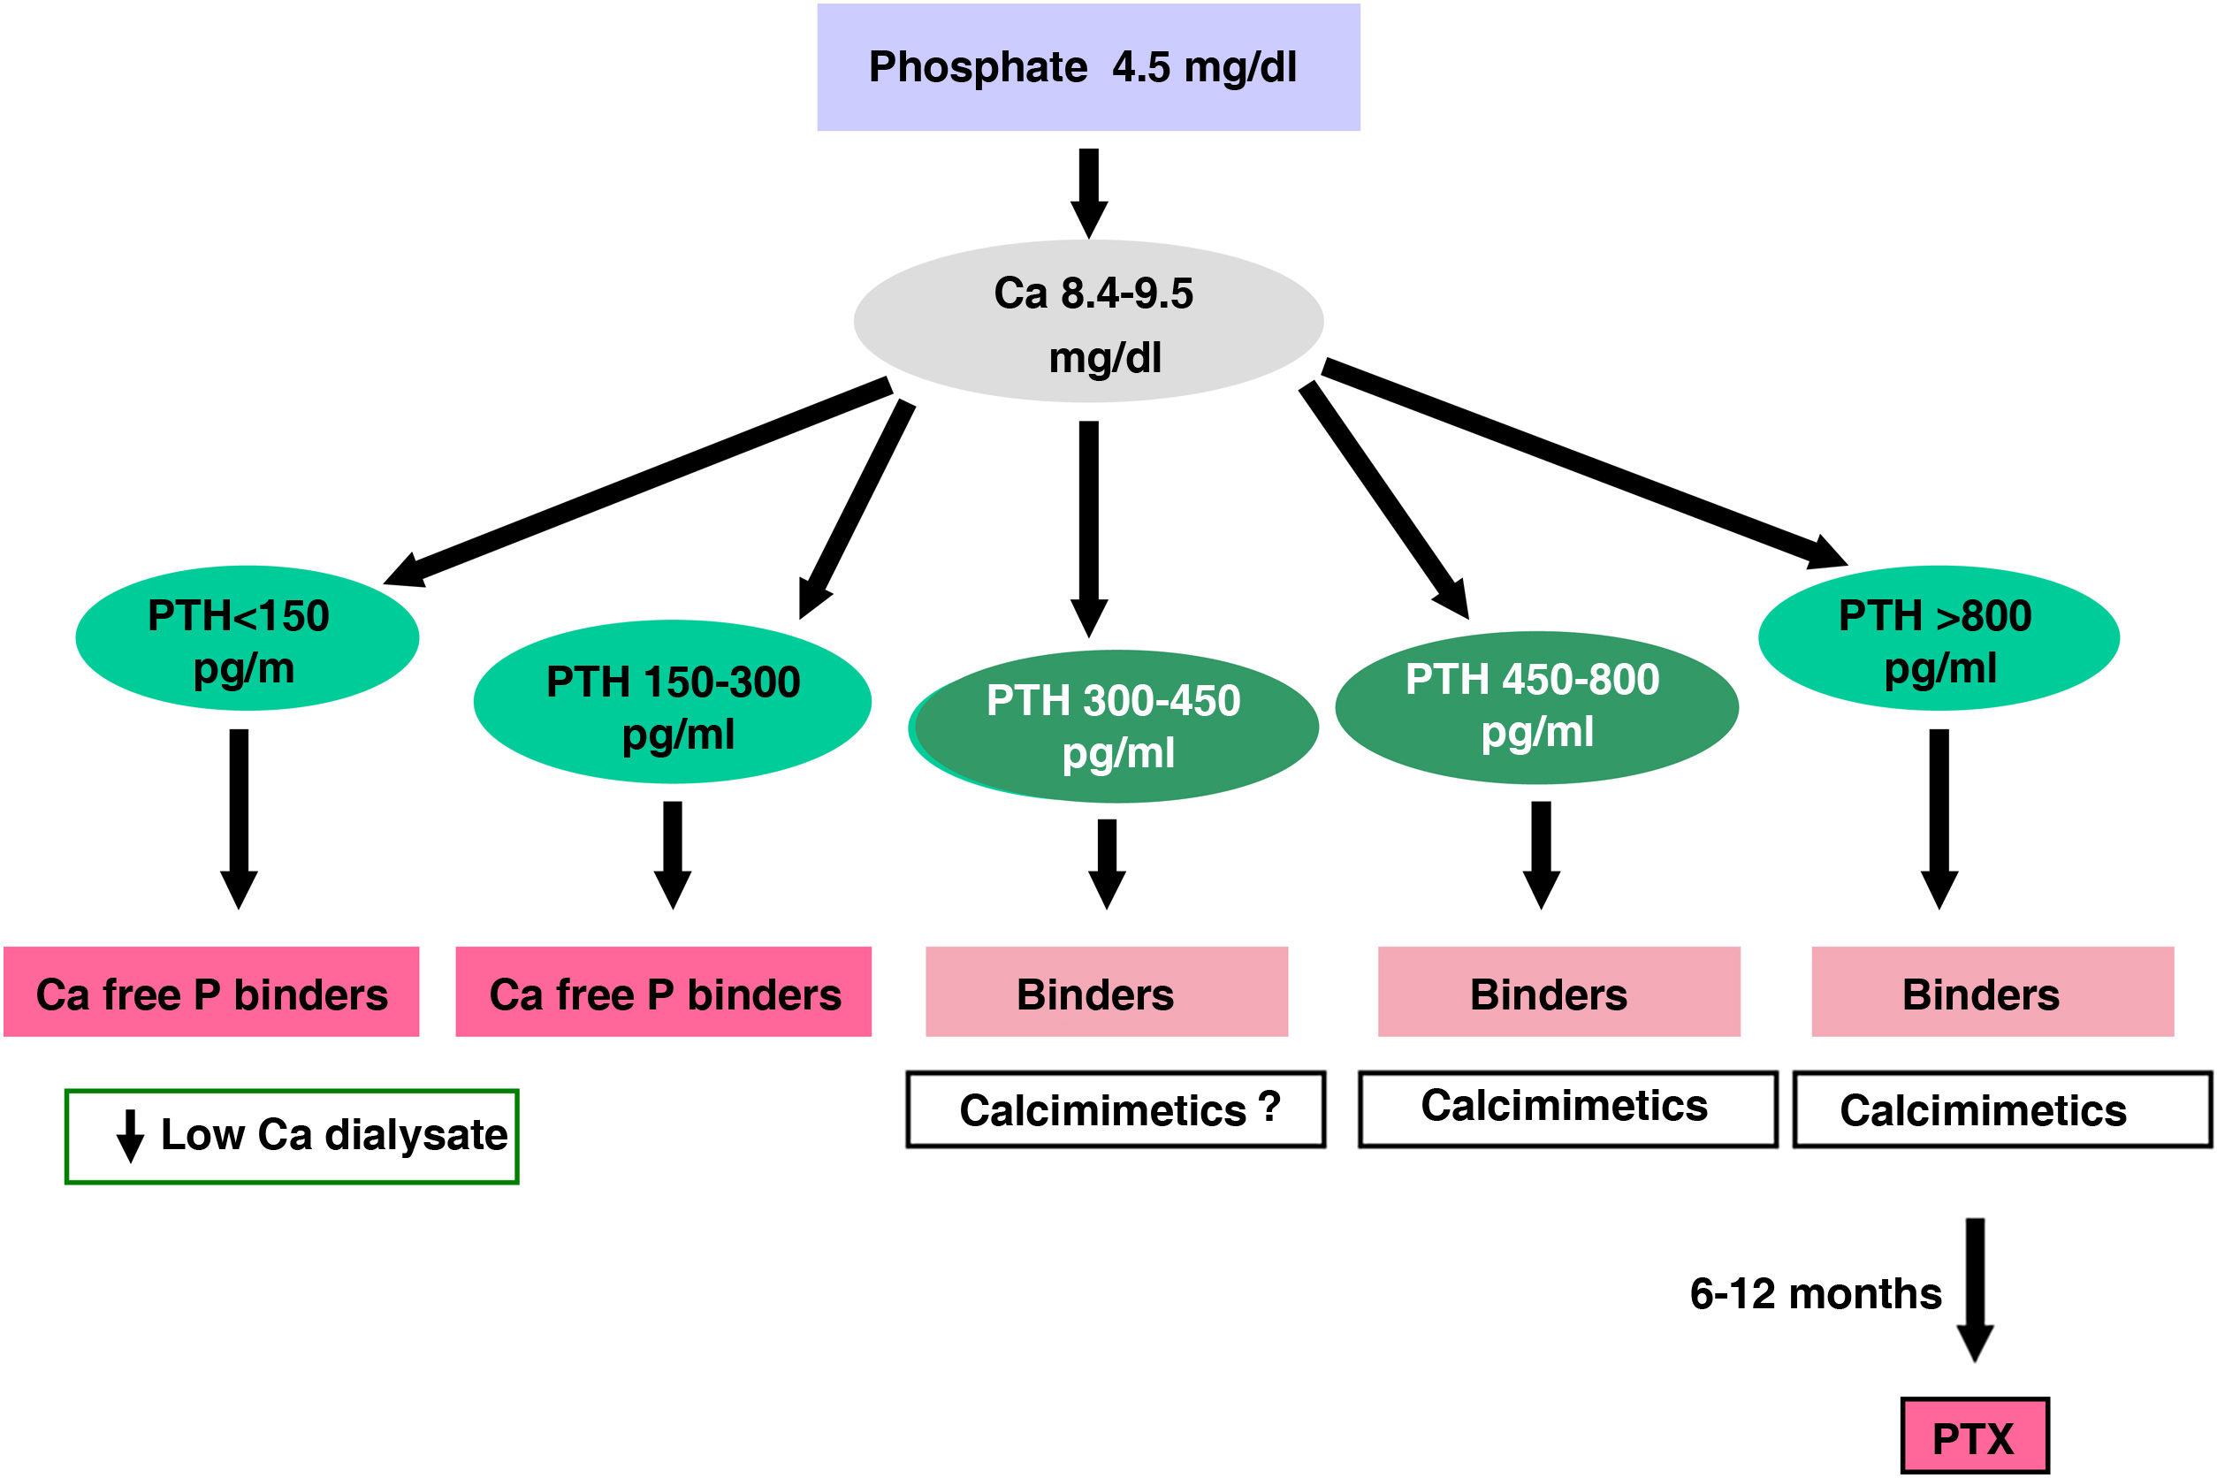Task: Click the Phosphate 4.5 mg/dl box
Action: point(1088,67)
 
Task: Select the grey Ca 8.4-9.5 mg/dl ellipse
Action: point(1088,322)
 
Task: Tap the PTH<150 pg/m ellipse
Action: point(247,638)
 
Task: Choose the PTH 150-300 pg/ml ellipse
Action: point(672,701)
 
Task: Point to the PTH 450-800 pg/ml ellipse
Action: point(1536,707)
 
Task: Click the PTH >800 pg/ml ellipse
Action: point(1938,638)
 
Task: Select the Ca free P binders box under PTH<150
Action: point(211,992)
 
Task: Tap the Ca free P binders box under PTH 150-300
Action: point(664,992)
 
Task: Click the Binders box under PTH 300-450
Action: point(1107,992)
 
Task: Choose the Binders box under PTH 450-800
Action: point(1559,992)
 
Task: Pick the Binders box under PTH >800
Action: point(1992,992)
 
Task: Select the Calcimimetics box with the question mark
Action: point(1116,1109)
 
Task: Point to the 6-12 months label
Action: point(1816,1294)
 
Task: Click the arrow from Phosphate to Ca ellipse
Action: point(1089,193)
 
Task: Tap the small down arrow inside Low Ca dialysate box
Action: point(130,1135)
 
